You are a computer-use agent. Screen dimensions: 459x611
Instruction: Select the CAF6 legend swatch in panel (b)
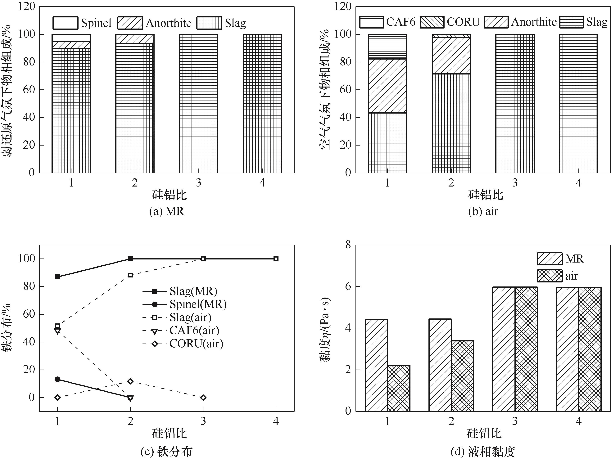[372, 22]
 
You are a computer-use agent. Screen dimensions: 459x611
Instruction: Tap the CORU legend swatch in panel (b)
[432, 22]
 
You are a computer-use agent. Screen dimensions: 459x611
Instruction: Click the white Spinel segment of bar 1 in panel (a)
[71, 38]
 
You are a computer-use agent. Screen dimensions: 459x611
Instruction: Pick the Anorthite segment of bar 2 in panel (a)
[135, 39]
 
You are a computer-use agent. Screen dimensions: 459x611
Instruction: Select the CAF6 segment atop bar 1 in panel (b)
[387, 46]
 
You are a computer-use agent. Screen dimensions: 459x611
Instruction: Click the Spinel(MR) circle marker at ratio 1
[57, 379]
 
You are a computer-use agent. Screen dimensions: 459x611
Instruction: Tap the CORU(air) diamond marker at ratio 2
[130, 381]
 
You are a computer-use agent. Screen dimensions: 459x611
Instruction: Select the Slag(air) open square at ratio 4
[276, 259]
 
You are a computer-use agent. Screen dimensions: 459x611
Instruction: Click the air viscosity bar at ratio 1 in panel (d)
[398, 388]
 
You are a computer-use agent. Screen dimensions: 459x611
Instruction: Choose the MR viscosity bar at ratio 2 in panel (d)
[440, 365]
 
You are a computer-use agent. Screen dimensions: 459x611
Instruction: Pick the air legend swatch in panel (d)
[549, 276]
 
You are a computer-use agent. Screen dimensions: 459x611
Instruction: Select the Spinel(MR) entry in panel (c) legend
[198, 304]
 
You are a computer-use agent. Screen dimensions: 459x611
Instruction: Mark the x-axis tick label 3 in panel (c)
[203, 421]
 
